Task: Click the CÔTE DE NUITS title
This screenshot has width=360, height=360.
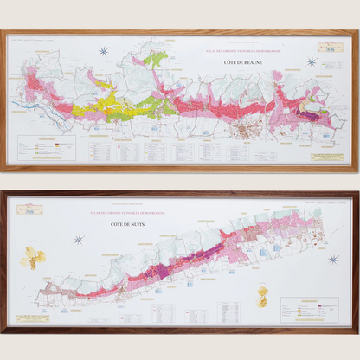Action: point(124,225)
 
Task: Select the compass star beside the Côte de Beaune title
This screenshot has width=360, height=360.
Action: point(311,62)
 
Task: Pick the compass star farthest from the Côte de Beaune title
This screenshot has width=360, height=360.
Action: point(104,52)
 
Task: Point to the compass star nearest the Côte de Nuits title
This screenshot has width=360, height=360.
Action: point(79,240)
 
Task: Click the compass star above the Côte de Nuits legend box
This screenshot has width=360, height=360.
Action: point(333,259)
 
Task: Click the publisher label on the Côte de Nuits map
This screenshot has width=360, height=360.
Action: point(29,209)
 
